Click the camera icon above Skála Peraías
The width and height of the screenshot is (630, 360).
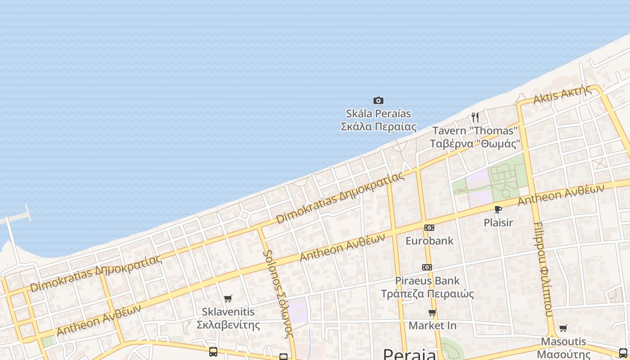pyautogui.click(x=378, y=100)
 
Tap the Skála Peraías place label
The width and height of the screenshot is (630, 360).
pyautogui.click(x=378, y=120)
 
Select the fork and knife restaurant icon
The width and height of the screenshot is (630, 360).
pyautogui.click(x=475, y=117)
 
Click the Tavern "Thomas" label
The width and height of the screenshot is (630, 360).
pyautogui.click(x=475, y=137)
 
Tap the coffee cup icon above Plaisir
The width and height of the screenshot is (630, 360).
pyautogui.click(x=498, y=209)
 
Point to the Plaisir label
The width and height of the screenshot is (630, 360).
pyautogui.click(x=498, y=222)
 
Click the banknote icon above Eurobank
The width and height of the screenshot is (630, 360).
pyautogui.click(x=429, y=228)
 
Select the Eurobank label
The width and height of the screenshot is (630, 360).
pyautogui.click(x=429, y=241)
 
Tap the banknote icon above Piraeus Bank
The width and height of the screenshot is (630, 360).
pyautogui.click(x=427, y=267)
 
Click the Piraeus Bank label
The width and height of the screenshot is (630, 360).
pyautogui.click(x=427, y=287)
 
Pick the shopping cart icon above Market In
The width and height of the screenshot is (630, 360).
pyautogui.click(x=432, y=312)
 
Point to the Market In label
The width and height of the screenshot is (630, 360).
pyautogui.click(x=432, y=325)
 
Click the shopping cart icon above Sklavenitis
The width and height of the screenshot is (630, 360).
pyautogui.click(x=228, y=298)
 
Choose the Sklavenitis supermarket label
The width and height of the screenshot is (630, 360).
pyautogui.click(x=228, y=318)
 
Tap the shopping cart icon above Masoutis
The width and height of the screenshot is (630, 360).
pyautogui.click(x=563, y=328)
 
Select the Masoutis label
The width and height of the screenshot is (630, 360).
pyautogui.click(x=563, y=347)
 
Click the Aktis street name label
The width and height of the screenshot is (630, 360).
pyautogui.click(x=562, y=94)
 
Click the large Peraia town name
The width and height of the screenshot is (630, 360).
pyautogui.click(x=409, y=355)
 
